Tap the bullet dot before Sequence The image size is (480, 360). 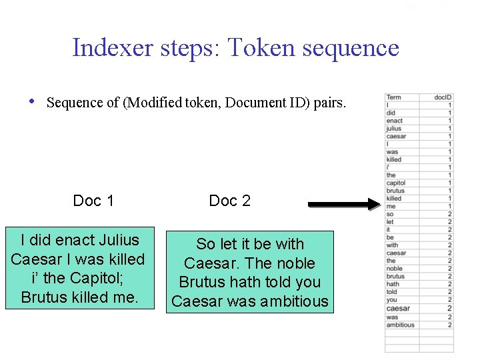tap(31, 102)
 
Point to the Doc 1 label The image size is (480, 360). tap(93, 201)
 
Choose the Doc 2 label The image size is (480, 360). tap(229, 201)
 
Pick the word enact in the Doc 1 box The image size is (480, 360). tap(79, 240)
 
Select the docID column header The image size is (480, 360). tap(443, 98)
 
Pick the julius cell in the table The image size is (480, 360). tap(394, 129)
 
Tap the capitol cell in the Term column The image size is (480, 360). tap(395, 183)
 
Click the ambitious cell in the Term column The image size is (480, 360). tap(400, 325)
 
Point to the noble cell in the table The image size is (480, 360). tap(394, 269)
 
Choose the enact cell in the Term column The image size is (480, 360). tap(394, 121)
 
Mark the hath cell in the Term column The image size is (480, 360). tap(393, 284)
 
